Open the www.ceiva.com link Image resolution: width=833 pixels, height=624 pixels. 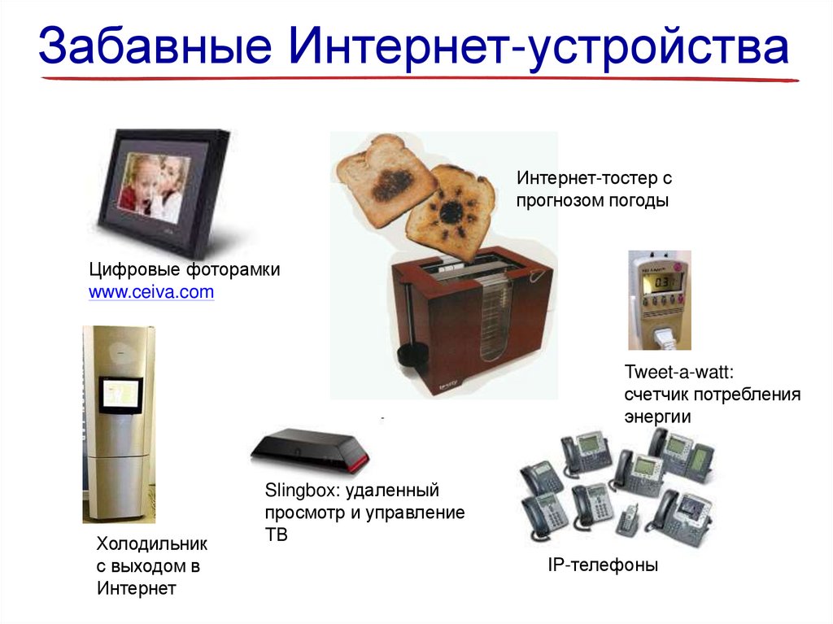click(x=151, y=292)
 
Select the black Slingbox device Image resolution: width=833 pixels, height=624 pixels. click(x=309, y=449)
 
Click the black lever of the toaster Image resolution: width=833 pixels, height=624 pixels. click(x=411, y=351)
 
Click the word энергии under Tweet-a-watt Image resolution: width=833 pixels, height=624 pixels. click(x=657, y=417)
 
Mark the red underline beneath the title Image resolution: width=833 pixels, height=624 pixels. click(x=419, y=79)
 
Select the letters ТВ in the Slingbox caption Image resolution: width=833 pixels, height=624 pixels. click(x=276, y=535)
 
